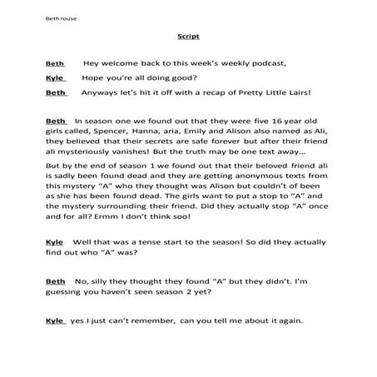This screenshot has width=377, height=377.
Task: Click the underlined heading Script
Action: pos(188,37)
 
